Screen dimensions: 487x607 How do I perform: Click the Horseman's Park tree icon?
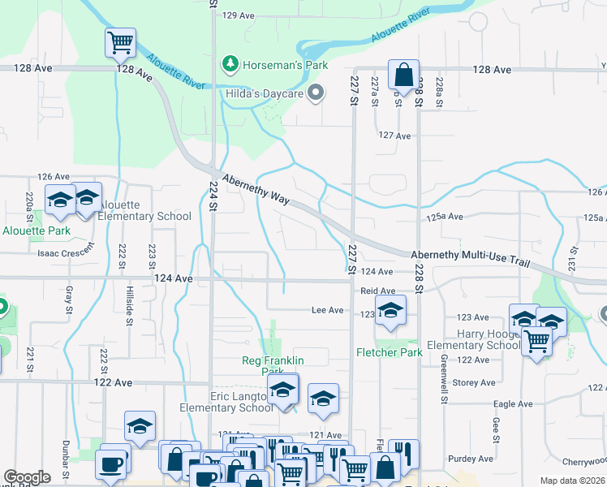click(x=231, y=62)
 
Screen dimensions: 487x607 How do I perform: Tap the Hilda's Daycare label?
click(x=265, y=94)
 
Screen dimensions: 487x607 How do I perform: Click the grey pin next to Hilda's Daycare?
click(x=316, y=93)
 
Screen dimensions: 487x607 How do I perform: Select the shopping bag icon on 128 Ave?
click(x=403, y=75)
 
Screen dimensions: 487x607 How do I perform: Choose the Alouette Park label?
click(x=37, y=231)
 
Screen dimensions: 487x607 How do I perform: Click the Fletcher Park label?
click(x=389, y=352)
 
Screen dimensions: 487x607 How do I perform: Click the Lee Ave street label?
click(x=329, y=310)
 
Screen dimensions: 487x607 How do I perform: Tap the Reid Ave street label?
click(x=377, y=291)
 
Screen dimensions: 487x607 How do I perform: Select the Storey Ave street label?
click(x=474, y=382)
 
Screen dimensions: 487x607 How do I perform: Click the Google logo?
click(x=27, y=477)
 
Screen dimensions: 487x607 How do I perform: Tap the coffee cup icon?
click(x=110, y=465)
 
